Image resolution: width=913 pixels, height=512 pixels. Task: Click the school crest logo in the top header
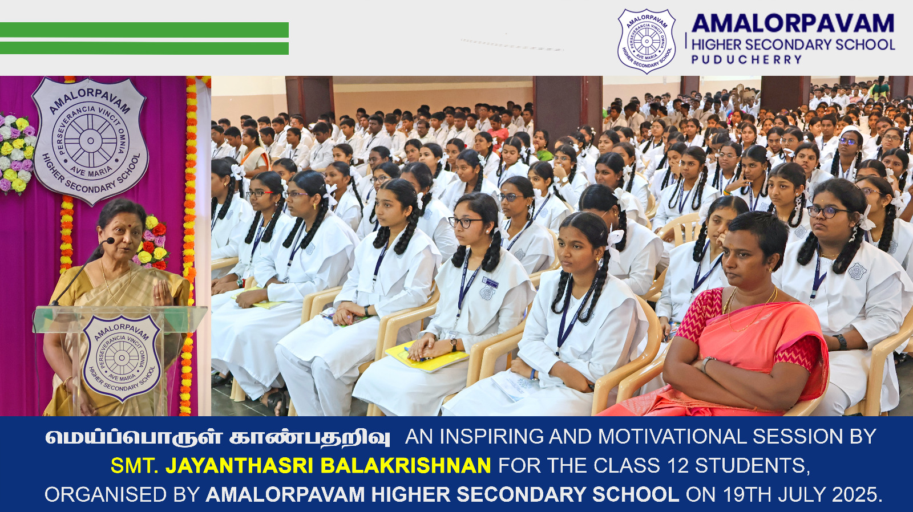point(647,41)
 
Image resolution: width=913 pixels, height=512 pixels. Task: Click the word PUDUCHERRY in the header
point(747,59)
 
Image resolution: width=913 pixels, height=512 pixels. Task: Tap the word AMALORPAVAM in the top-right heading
point(793,23)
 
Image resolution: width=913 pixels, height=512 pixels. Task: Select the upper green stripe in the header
point(144,30)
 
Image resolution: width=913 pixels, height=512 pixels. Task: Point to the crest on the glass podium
point(122,358)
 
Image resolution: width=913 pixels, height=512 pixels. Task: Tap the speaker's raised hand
point(163,292)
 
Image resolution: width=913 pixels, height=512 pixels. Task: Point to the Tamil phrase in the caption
point(217,437)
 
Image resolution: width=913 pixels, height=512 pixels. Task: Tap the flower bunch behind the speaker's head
point(152,243)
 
